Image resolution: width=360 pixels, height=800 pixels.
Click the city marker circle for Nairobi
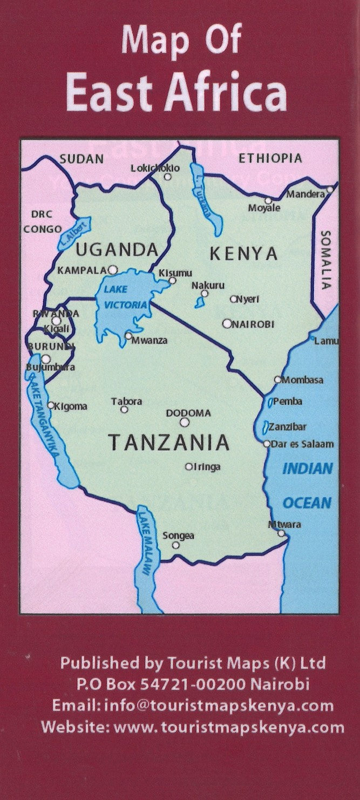point(227,324)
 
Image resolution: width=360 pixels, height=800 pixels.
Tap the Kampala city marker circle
point(112,269)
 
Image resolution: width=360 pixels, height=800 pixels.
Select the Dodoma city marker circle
point(185,422)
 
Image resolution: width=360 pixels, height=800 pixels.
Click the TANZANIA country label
point(169,443)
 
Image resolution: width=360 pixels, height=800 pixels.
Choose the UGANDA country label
point(116,249)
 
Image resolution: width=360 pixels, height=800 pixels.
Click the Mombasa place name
point(303,380)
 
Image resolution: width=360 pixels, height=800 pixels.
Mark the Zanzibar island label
point(290,426)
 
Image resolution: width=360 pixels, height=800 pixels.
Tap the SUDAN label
point(81,158)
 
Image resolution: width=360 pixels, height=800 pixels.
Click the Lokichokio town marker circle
point(167,177)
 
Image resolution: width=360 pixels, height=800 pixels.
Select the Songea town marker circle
point(175,545)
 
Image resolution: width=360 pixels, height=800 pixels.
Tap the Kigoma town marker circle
point(51,405)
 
